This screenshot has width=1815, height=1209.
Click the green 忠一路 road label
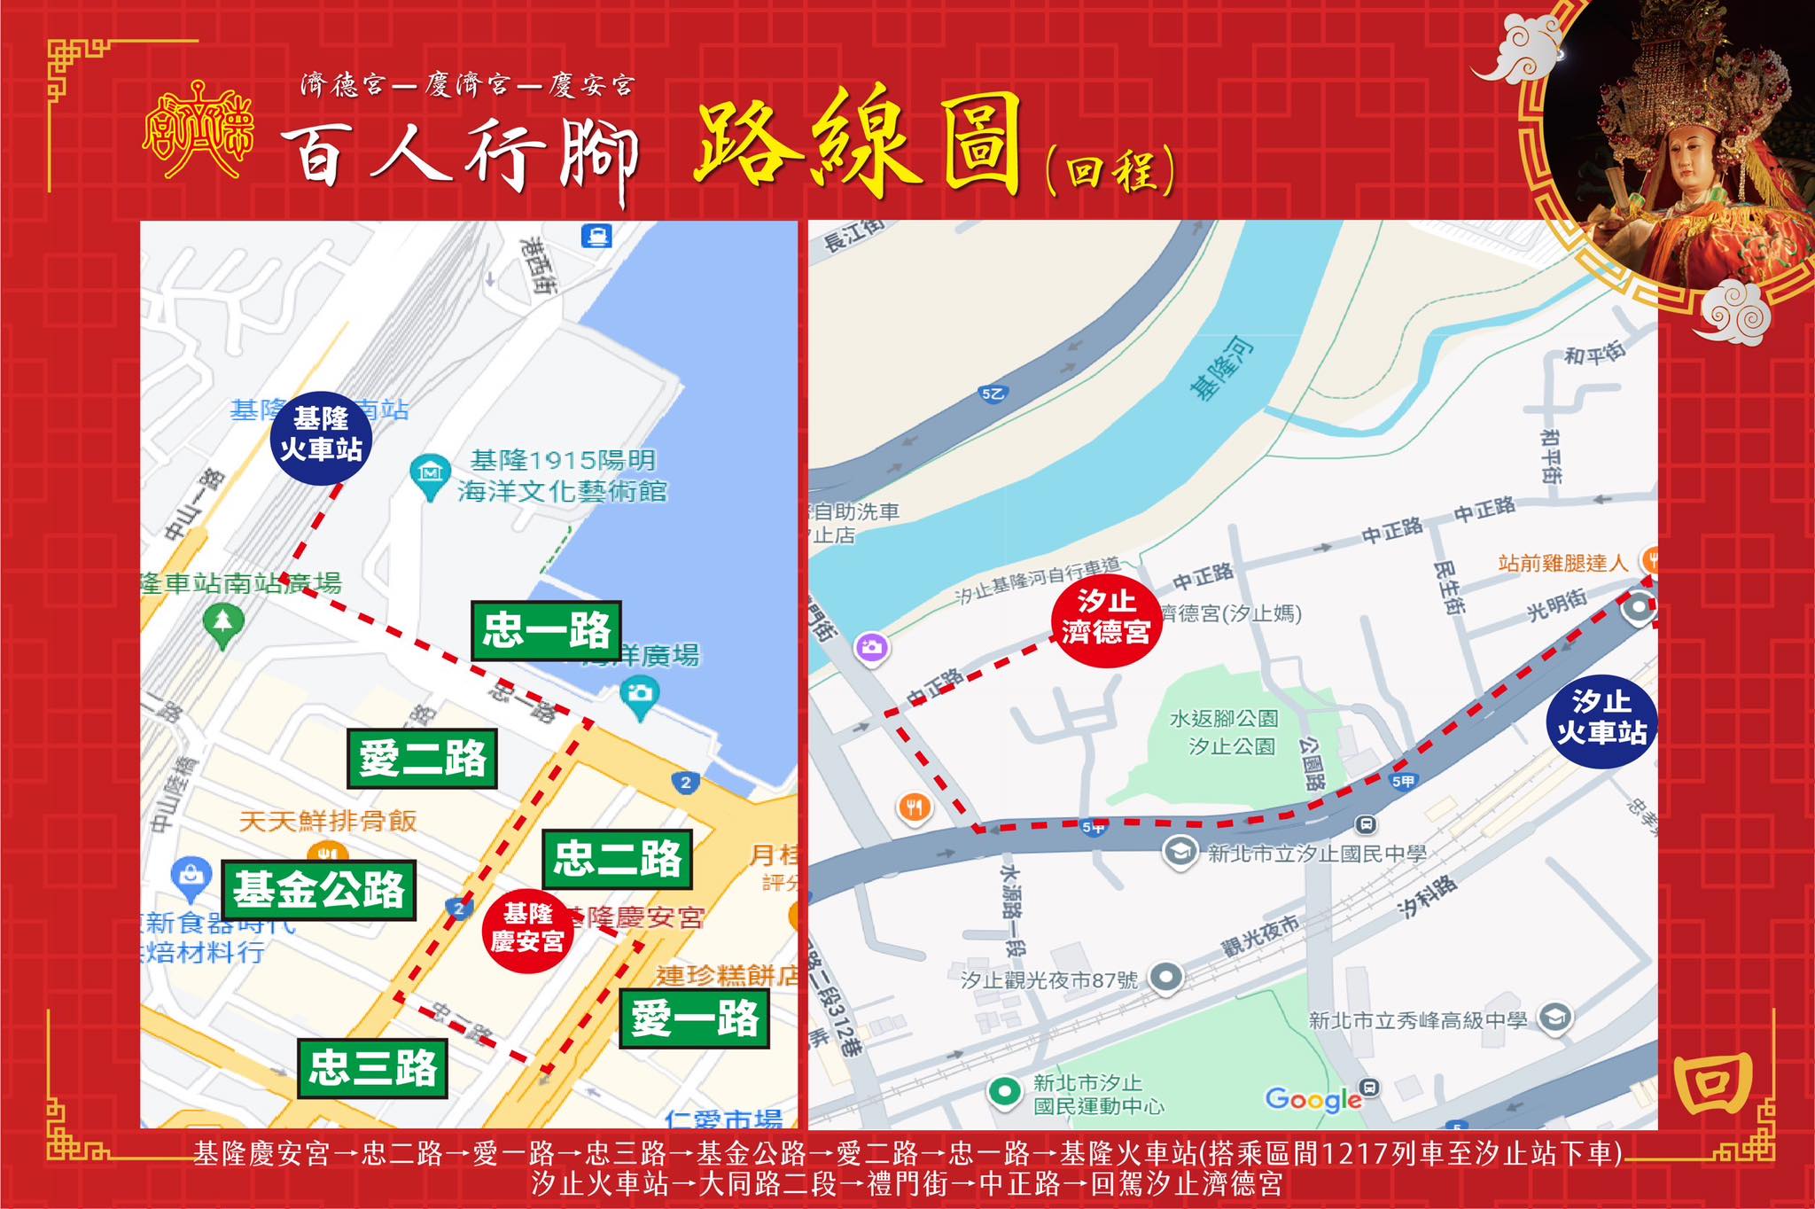[546, 631]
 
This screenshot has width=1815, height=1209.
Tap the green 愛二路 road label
[422, 759]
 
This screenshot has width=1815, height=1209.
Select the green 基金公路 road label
[318, 889]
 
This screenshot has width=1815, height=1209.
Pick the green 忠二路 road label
[617, 859]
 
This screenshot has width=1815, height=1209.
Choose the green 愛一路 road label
[694, 1018]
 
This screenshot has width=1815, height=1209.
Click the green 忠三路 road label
[372, 1067]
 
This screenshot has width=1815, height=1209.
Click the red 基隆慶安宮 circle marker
[527, 929]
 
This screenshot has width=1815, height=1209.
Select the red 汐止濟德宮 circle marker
[1105, 617]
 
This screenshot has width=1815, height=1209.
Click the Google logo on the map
[1313, 1099]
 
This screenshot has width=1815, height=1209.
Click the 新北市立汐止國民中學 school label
[1316, 854]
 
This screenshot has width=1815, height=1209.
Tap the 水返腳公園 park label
[1224, 719]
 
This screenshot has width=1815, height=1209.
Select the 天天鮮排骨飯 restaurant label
[328, 821]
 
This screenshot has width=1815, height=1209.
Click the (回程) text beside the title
[1110, 171]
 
